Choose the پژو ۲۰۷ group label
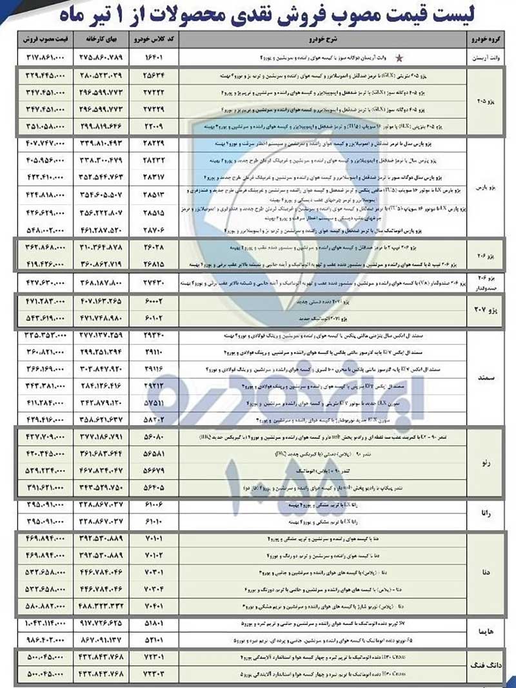488,311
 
